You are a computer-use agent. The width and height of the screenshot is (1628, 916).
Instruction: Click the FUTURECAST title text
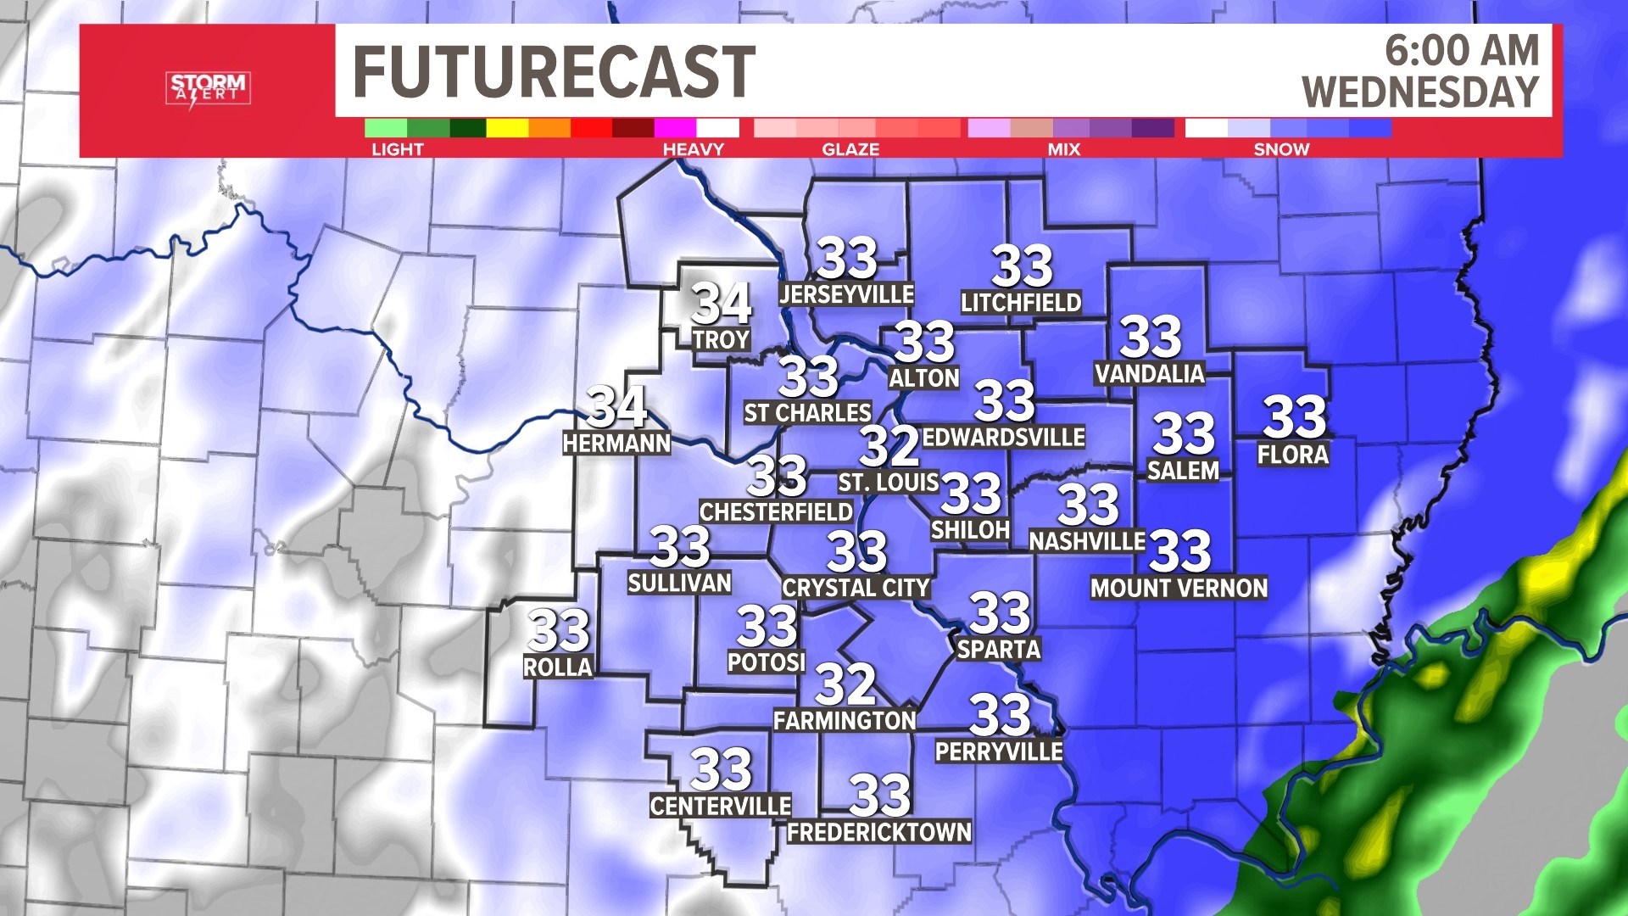(553, 72)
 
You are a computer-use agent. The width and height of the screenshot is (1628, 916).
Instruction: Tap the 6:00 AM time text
(1462, 51)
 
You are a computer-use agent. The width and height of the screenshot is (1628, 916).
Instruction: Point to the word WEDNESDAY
(1420, 92)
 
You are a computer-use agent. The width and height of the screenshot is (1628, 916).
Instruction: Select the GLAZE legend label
(850, 149)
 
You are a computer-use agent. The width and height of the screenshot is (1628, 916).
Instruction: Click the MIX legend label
(1063, 149)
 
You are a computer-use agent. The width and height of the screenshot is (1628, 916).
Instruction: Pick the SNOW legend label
(1281, 149)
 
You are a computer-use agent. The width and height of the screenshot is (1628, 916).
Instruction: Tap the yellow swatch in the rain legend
(507, 128)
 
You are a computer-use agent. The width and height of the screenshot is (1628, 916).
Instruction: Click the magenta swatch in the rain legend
(675, 128)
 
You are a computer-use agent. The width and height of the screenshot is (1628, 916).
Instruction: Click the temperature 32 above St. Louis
(889, 446)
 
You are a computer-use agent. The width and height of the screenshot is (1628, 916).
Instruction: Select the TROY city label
(721, 340)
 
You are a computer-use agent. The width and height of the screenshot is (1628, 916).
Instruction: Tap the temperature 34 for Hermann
(616, 407)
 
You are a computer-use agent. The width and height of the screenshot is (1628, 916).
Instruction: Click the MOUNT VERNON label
(1179, 589)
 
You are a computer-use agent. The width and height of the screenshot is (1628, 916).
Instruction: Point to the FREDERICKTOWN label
(879, 833)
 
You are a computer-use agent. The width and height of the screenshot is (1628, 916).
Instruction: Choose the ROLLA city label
(557, 667)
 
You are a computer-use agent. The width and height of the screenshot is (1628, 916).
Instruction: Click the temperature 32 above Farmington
(845, 684)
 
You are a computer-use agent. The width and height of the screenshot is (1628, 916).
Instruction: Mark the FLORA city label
(1292, 455)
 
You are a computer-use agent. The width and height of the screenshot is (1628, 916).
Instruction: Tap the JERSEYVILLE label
(846, 294)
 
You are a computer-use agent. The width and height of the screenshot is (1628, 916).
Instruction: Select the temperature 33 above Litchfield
(1022, 267)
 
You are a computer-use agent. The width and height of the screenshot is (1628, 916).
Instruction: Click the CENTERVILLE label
(721, 806)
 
